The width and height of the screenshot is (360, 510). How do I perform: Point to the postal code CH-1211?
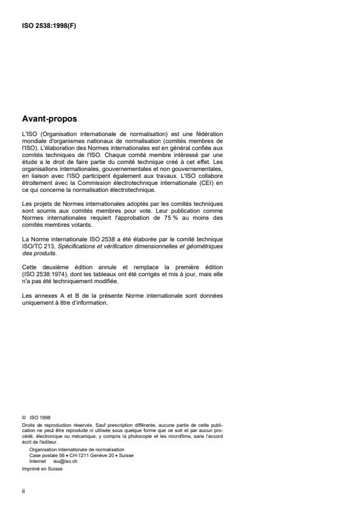(73, 455)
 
